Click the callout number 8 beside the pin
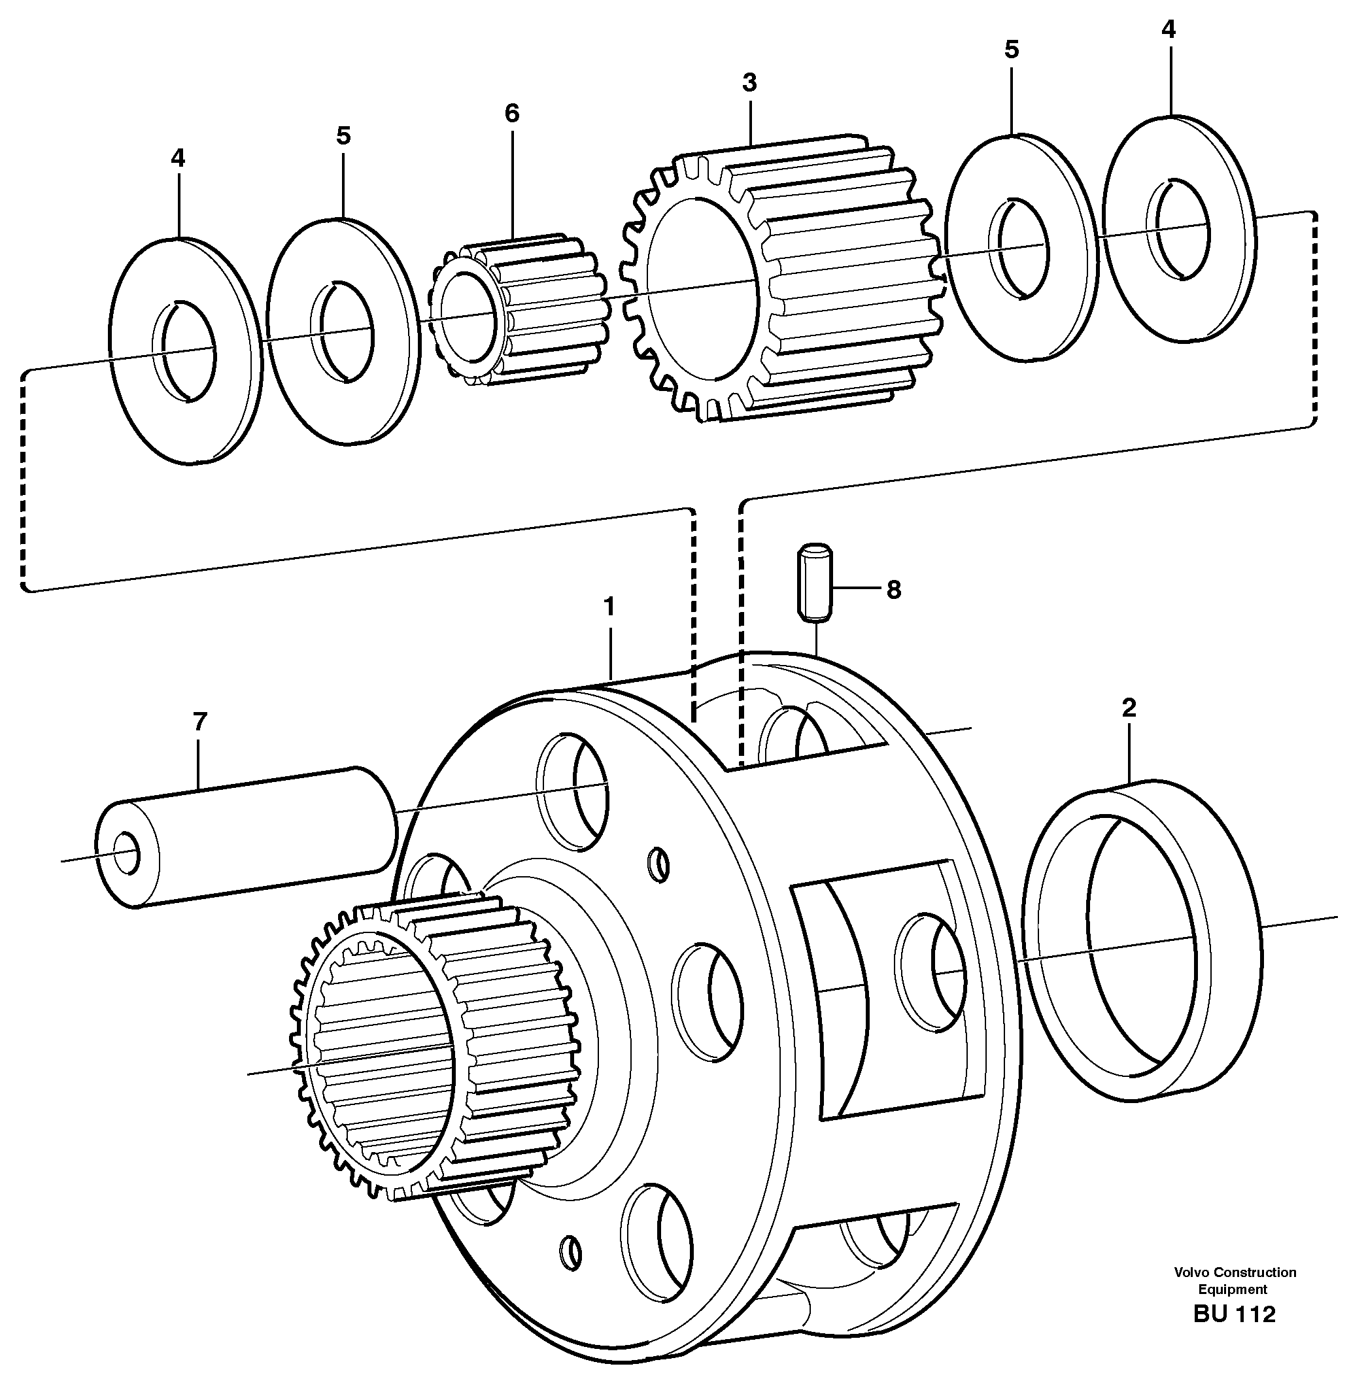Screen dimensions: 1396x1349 click(x=893, y=590)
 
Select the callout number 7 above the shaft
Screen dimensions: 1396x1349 click(x=199, y=721)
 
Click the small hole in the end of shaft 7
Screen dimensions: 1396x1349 click(x=127, y=851)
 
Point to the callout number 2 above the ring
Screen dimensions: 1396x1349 click(x=1129, y=707)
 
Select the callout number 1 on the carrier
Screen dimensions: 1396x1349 click(x=608, y=607)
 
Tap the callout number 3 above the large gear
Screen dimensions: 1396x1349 click(x=749, y=82)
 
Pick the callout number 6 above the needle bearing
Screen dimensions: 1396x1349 click(x=512, y=112)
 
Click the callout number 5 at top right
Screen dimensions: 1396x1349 click(x=1012, y=49)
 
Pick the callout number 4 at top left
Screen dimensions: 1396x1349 click(x=177, y=158)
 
